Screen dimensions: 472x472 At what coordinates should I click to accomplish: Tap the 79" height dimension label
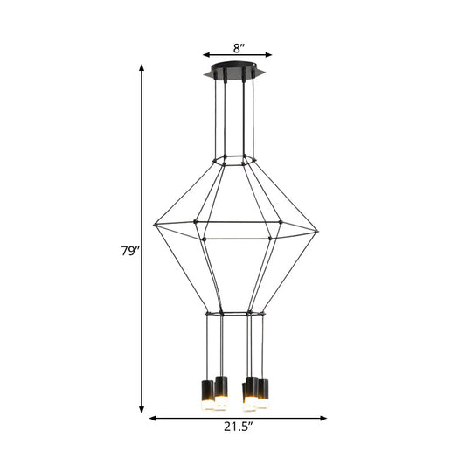130,251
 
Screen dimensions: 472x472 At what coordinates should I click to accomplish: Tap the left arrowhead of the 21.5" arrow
153,418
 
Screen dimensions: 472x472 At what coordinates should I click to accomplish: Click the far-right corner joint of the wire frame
317,232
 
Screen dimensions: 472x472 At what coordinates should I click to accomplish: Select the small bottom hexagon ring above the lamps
233,311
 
